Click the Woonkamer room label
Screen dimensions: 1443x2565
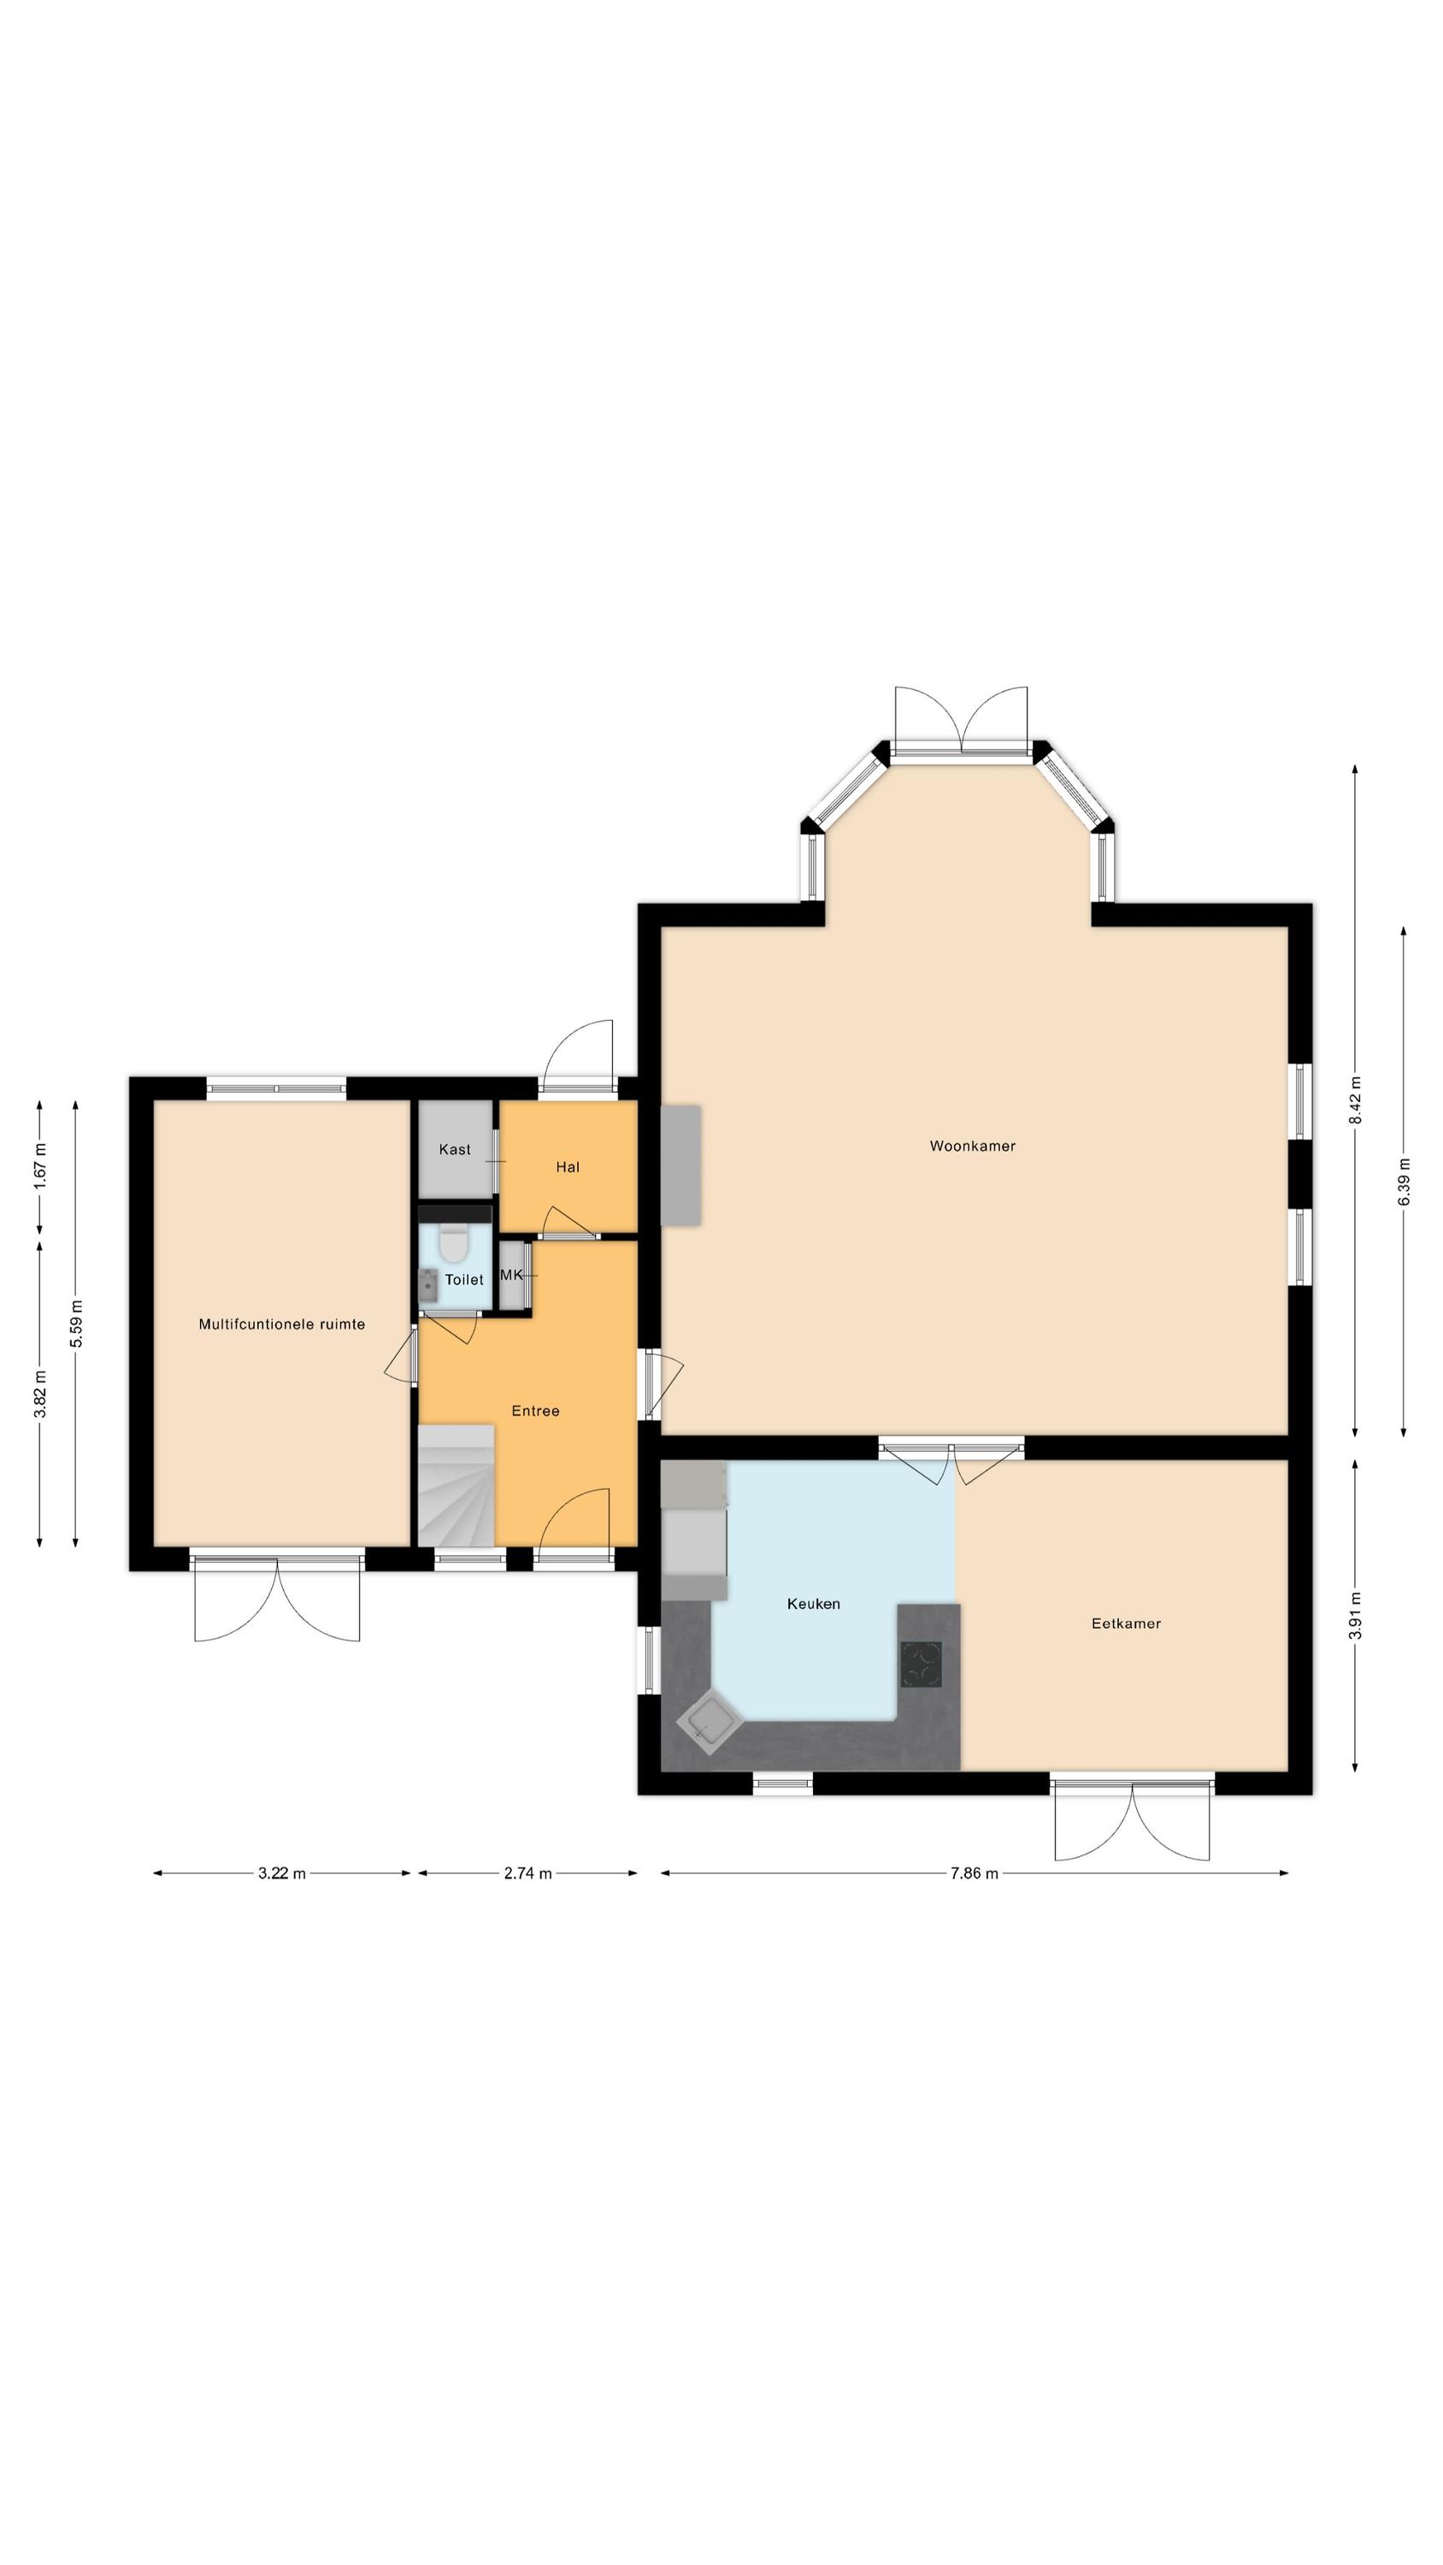coord(972,1146)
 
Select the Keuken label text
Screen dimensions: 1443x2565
coord(813,1603)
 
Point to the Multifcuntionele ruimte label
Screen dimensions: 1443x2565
coord(282,1324)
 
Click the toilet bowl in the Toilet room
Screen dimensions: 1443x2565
coord(454,1244)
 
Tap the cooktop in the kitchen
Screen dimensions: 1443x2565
coord(922,1664)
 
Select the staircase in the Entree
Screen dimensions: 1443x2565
coord(456,1484)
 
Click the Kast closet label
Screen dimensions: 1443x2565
coord(455,1149)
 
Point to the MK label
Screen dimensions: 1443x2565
coord(511,1275)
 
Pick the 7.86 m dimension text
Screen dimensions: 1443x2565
coord(974,1873)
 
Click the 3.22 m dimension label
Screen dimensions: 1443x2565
coord(282,1873)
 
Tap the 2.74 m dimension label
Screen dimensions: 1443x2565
coord(527,1873)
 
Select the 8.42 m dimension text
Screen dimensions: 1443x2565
coord(1354,1100)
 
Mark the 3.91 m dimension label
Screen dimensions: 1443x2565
coord(1354,1615)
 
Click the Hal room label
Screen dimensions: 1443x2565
coord(568,1167)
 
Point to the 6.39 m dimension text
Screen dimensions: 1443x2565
coord(1403,1181)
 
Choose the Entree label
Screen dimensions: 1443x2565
coord(535,1411)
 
